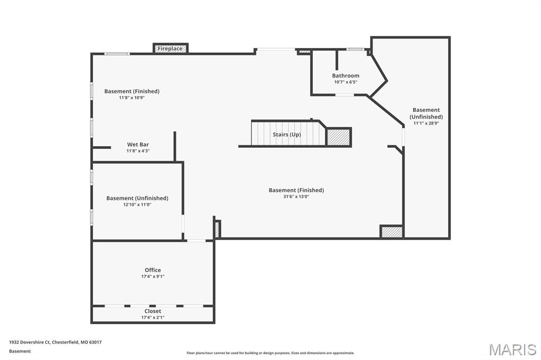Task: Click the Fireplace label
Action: point(170,49)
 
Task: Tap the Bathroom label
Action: point(346,75)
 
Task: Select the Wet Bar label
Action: point(138,145)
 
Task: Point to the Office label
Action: point(153,270)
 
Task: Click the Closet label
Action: point(153,311)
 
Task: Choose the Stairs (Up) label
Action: point(287,135)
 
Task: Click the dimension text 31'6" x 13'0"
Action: point(296,196)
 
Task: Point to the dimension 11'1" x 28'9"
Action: point(426,123)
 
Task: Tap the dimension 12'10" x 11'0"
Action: point(137,204)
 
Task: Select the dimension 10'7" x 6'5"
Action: point(346,82)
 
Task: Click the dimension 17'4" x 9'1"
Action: point(153,277)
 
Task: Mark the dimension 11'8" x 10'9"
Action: point(132,98)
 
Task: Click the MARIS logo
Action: point(512,349)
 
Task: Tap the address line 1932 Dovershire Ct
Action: point(30,343)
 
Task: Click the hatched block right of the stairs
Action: point(339,137)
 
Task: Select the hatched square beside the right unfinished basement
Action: point(391,231)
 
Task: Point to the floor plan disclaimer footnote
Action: point(270,353)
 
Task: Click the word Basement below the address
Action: point(20,352)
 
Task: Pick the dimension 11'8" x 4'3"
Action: point(138,151)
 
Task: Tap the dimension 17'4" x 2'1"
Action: point(153,318)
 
